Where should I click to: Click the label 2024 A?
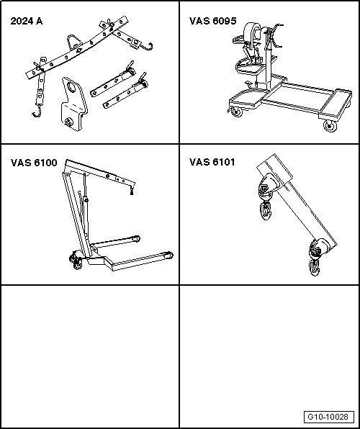coord(27,21)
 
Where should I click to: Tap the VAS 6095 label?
coord(212,21)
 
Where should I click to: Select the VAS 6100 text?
coord(34,163)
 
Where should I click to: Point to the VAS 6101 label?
coord(212,162)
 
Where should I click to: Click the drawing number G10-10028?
coord(328,417)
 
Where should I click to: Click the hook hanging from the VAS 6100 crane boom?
coord(132,190)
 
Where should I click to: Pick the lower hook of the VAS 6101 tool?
coord(315,268)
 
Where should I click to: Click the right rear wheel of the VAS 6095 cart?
coord(330,126)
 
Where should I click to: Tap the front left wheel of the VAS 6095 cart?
coord(236,112)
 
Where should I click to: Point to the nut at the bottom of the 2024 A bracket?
coord(68,122)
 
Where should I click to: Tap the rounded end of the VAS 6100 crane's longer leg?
coord(170,256)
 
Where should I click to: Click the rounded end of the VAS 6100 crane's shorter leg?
coord(136,238)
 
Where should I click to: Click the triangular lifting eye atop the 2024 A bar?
coord(73,42)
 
